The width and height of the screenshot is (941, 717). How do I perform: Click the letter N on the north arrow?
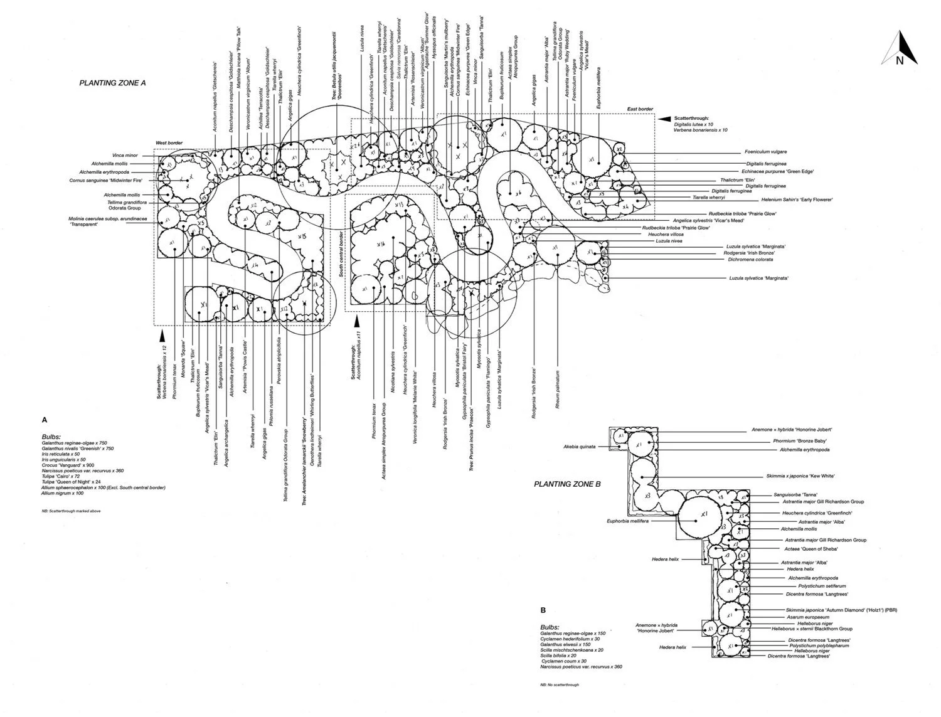point(900,60)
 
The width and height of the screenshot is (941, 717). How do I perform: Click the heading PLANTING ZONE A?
point(112,82)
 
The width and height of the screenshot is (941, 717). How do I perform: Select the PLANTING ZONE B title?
point(567,484)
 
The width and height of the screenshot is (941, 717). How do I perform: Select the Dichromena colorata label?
point(750,259)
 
